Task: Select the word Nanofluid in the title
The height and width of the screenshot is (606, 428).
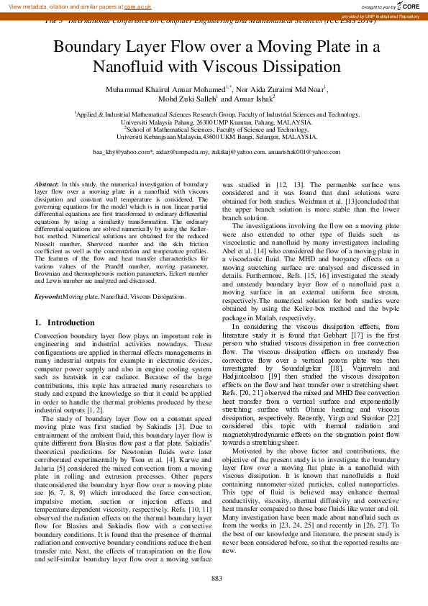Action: pos(127,68)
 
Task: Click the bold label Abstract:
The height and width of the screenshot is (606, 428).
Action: pos(47,185)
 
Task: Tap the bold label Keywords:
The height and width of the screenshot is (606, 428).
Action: pos(48,297)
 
